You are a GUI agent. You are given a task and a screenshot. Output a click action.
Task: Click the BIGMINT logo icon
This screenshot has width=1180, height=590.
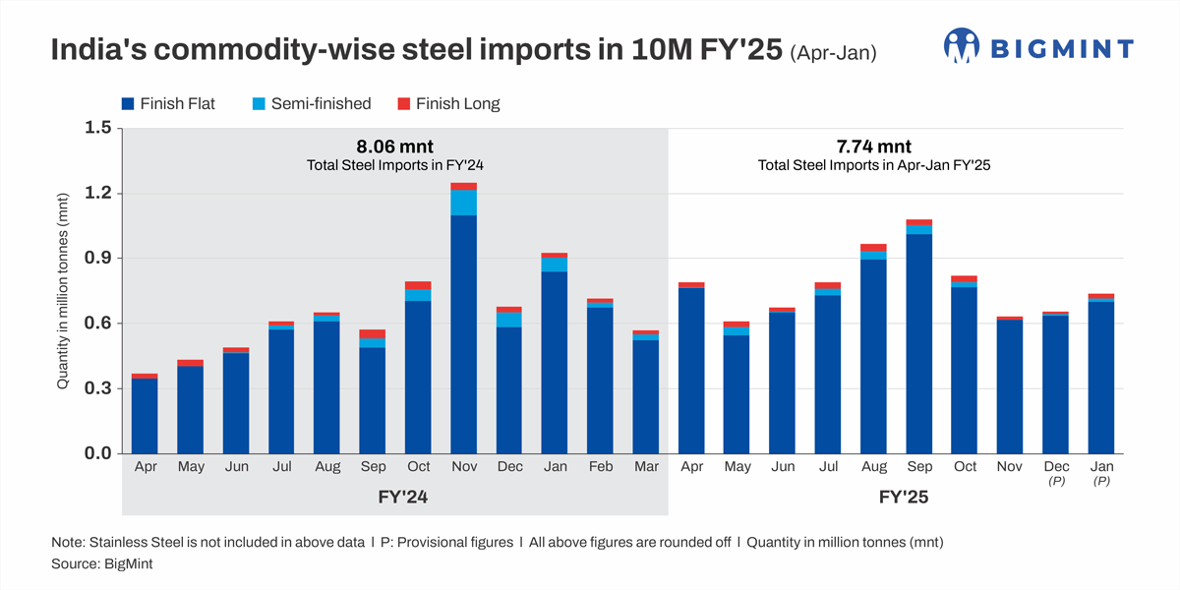click(x=963, y=45)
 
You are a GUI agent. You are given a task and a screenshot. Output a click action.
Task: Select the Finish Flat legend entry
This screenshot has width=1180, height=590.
click(x=168, y=103)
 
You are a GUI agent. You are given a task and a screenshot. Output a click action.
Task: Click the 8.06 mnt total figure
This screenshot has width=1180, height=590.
click(x=394, y=147)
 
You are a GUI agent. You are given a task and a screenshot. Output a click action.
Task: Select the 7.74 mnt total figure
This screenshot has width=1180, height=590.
click(x=874, y=147)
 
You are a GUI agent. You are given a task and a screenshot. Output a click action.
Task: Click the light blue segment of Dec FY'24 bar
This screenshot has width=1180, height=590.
click(x=509, y=320)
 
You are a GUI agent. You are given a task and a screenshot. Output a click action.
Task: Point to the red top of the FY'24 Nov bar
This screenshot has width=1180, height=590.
click(x=463, y=187)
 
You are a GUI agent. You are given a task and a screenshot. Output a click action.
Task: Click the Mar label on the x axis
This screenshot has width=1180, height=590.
click(x=646, y=467)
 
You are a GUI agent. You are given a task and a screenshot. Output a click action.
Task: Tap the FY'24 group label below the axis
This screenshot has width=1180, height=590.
click(x=394, y=498)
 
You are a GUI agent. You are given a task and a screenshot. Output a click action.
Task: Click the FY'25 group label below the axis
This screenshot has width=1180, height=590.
click(x=904, y=498)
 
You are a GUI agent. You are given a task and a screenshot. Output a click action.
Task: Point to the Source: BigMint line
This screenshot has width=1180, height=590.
click(x=102, y=565)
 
